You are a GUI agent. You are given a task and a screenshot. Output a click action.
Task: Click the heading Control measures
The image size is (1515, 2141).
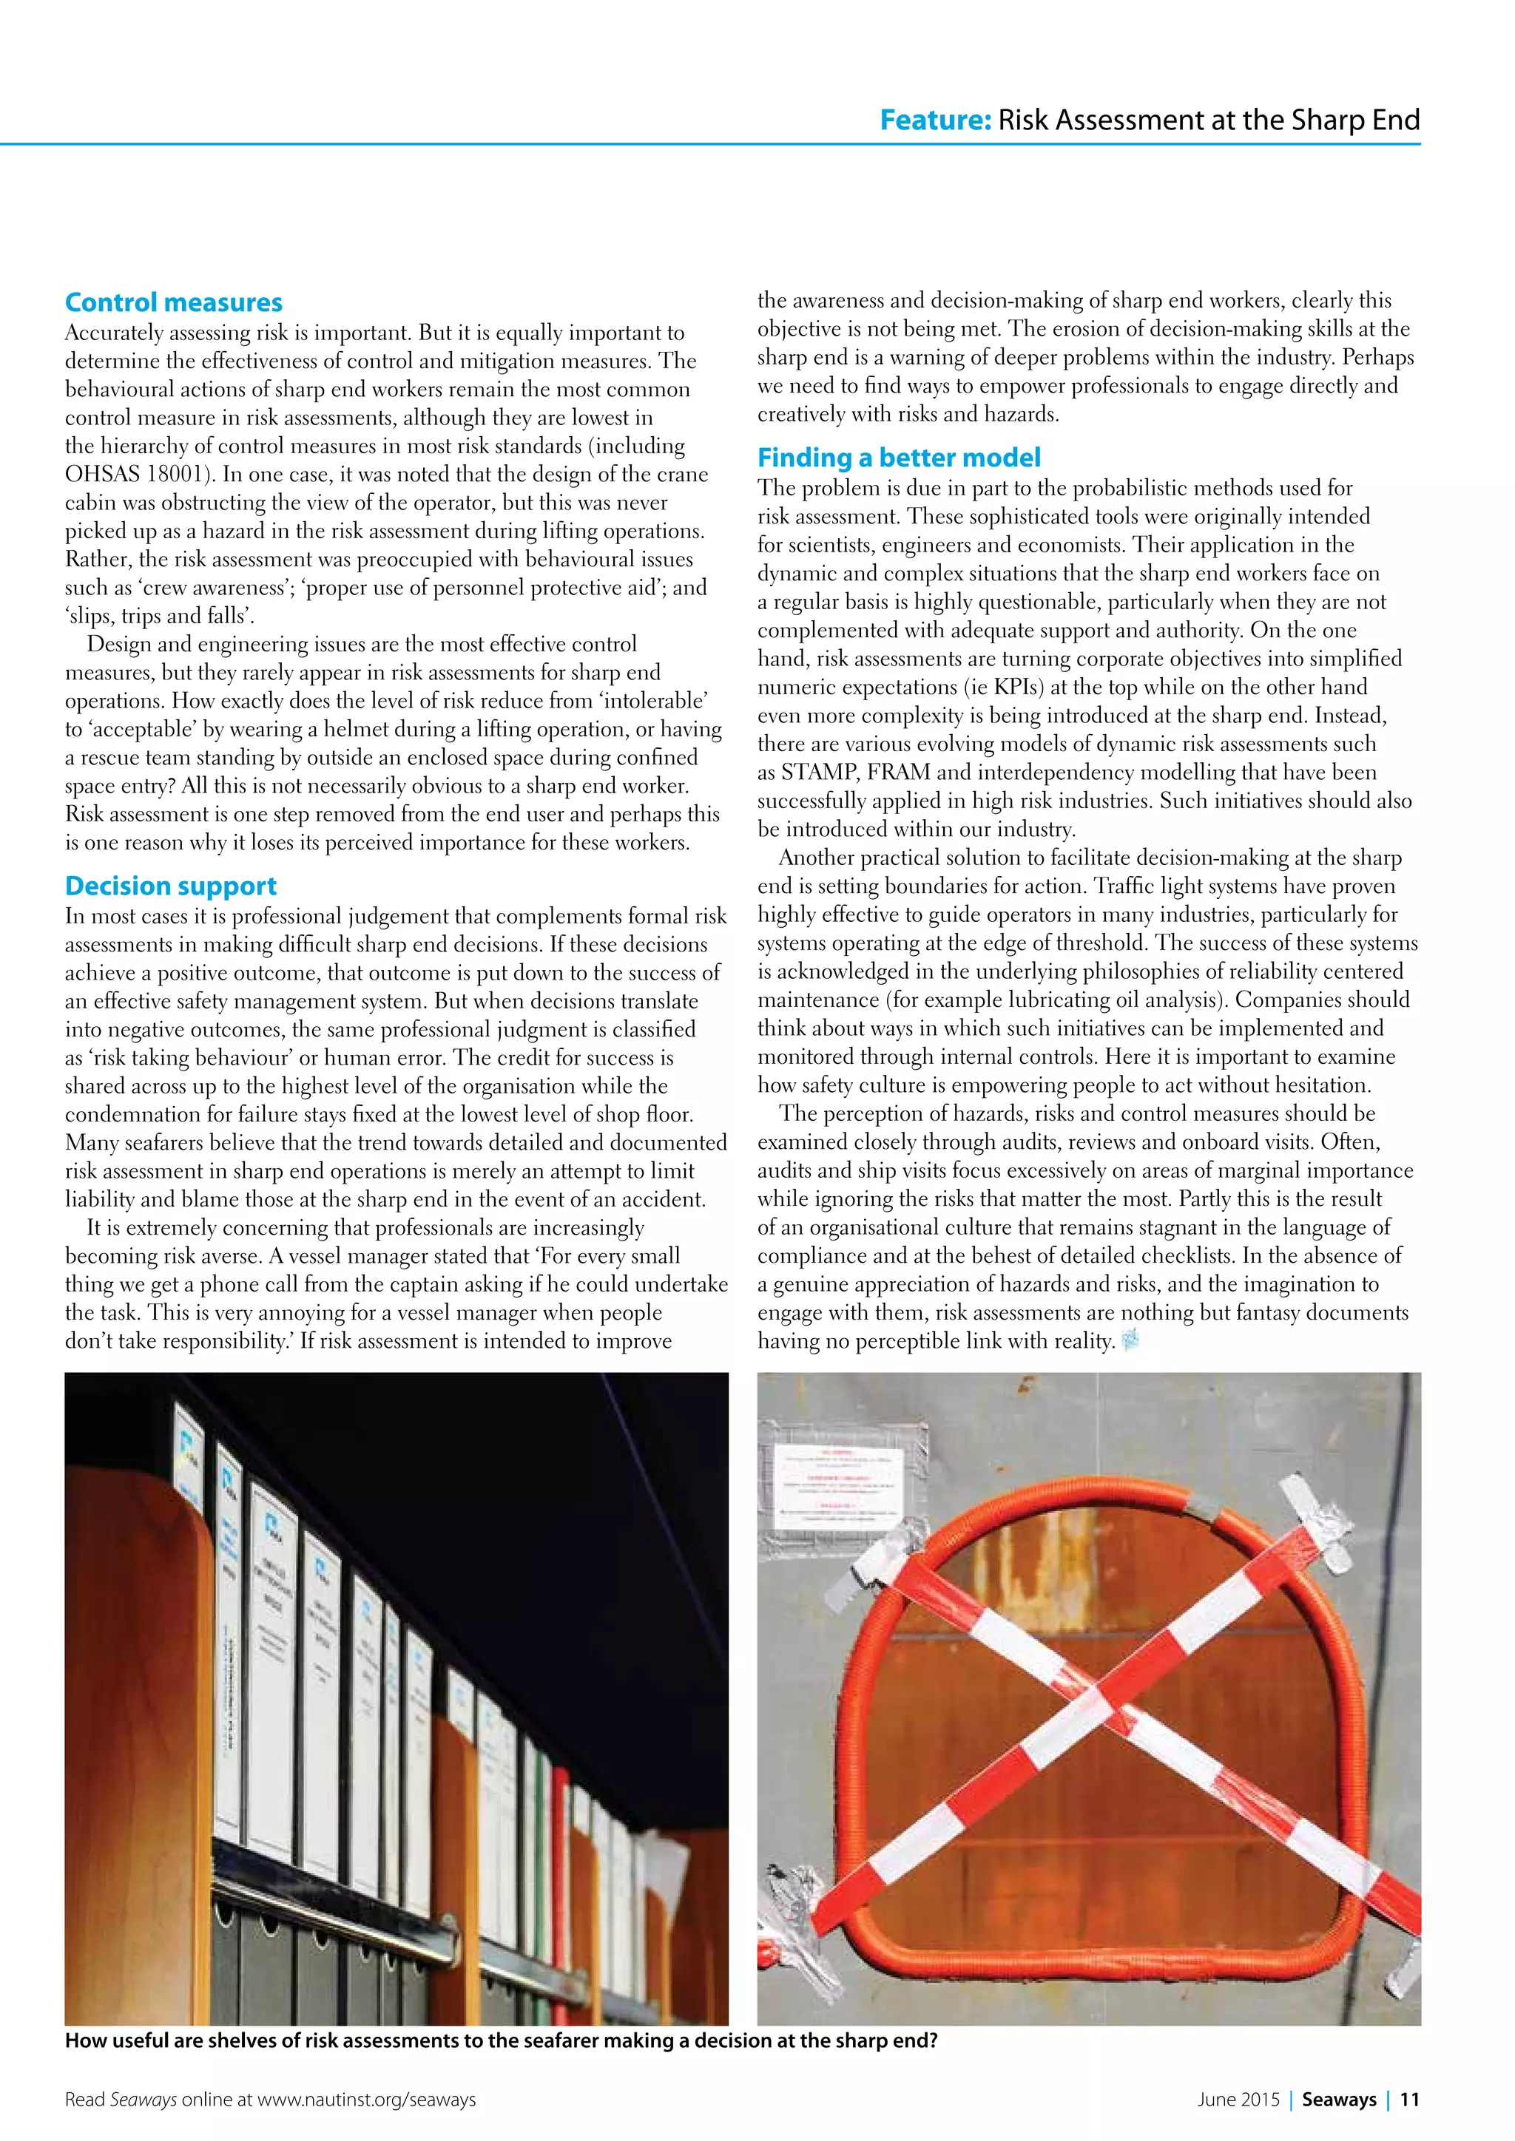(174, 302)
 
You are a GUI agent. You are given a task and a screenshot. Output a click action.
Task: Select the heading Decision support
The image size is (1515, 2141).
(171, 886)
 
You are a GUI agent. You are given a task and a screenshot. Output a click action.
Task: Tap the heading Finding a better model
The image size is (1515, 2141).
(898, 458)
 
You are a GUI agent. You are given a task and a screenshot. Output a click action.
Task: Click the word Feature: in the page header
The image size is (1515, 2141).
(935, 121)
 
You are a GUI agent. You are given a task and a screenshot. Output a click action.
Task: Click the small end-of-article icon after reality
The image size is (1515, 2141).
(1130, 1341)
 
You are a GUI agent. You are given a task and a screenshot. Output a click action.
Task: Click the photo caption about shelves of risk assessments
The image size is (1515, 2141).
(500, 2040)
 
